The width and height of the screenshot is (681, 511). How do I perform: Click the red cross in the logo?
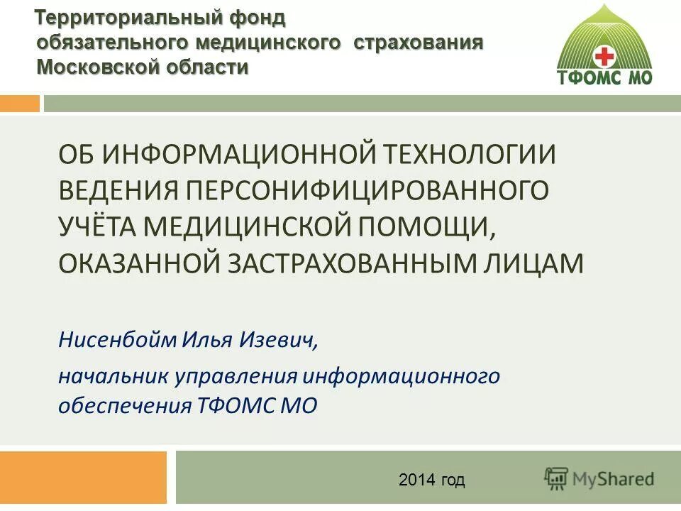point(604,56)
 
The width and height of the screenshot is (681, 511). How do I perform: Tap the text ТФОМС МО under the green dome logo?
point(604,77)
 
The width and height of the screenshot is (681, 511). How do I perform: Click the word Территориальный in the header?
point(121,16)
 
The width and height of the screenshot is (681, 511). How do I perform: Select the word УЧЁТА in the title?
point(98,226)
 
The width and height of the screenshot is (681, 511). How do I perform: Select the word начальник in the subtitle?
point(111,375)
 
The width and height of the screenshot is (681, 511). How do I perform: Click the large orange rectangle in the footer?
point(83,478)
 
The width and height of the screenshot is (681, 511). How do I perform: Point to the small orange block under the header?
point(20,104)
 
